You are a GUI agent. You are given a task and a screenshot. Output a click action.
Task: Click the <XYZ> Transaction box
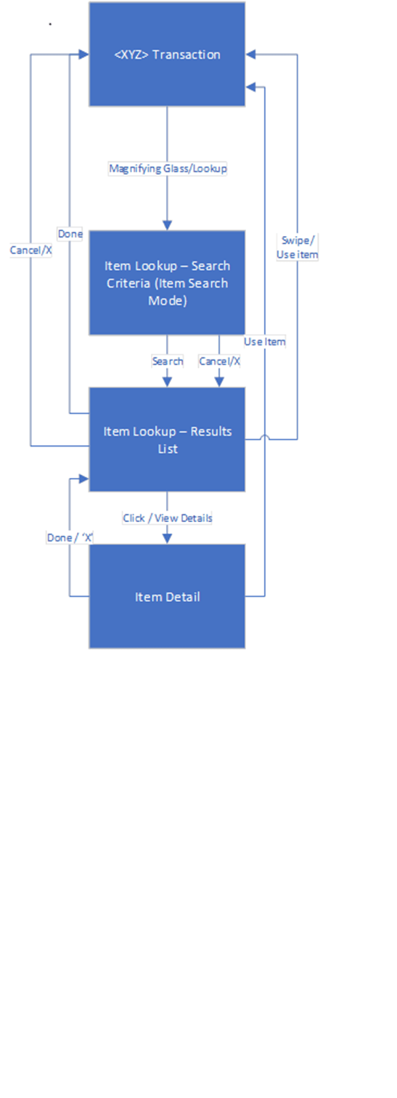coord(167,54)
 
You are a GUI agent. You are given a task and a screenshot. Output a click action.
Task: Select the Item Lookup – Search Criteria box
coord(167,282)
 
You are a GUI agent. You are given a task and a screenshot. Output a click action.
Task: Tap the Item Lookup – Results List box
coord(167,439)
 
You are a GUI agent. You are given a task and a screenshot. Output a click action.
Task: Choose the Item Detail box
coord(167,596)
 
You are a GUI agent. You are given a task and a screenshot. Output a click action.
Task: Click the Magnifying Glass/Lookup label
coord(168,168)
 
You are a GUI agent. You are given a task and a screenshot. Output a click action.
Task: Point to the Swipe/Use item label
coord(298,248)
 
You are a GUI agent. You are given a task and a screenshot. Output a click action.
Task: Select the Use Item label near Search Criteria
coord(264,341)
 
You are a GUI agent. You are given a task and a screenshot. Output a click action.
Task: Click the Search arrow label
coord(167,361)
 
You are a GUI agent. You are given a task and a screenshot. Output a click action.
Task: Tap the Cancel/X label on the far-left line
coord(30,250)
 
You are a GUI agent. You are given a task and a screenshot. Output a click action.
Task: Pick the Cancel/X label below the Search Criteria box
coord(219,361)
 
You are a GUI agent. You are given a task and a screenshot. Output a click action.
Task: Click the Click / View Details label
coord(167,518)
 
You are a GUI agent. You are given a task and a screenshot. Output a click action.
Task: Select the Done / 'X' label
coord(70,537)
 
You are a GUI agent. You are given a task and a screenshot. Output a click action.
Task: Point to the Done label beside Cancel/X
coord(70,234)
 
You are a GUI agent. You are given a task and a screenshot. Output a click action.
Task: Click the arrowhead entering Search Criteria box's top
coord(167,225)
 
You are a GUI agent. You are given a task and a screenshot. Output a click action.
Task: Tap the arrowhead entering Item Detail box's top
coord(167,538)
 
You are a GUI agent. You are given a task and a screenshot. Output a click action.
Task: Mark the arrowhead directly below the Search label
coord(167,382)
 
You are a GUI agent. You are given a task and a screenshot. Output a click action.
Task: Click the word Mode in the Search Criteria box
coord(167,300)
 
